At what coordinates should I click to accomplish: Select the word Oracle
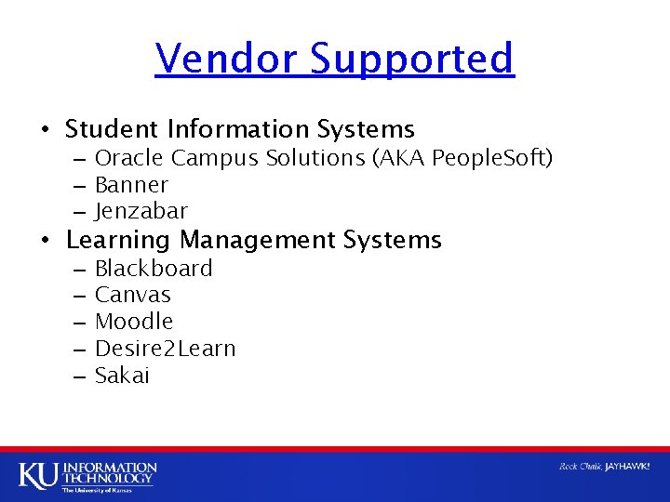point(129,158)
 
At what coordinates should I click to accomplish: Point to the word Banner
point(131,185)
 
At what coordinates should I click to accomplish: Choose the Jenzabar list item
point(141,212)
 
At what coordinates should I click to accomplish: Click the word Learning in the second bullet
point(118,240)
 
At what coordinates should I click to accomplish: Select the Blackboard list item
point(154,269)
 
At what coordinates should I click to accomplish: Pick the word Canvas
point(133,295)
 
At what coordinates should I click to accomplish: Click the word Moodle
point(134,322)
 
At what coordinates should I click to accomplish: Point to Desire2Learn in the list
point(166,349)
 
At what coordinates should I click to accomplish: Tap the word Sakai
point(122,376)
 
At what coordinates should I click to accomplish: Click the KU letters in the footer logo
point(38,474)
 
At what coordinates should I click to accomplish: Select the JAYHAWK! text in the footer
point(627,466)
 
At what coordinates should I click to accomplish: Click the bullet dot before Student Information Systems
point(45,129)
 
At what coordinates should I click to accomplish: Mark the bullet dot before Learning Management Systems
point(45,241)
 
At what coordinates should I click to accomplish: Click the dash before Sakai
point(77,376)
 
